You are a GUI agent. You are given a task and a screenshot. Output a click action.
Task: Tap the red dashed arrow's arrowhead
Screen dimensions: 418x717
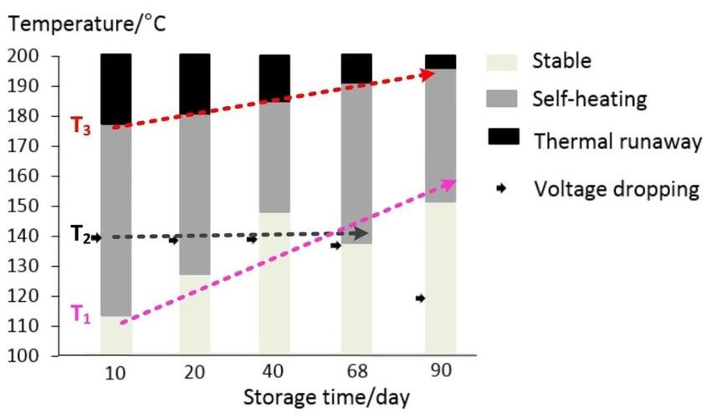tap(428, 74)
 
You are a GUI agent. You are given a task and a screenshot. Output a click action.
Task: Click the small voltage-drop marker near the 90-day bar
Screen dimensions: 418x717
tap(420, 298)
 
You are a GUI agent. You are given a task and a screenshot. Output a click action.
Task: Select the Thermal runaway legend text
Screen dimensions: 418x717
tap(617, 140)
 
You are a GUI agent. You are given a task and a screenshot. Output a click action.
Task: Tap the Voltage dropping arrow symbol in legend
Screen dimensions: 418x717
tap(502, 189)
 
